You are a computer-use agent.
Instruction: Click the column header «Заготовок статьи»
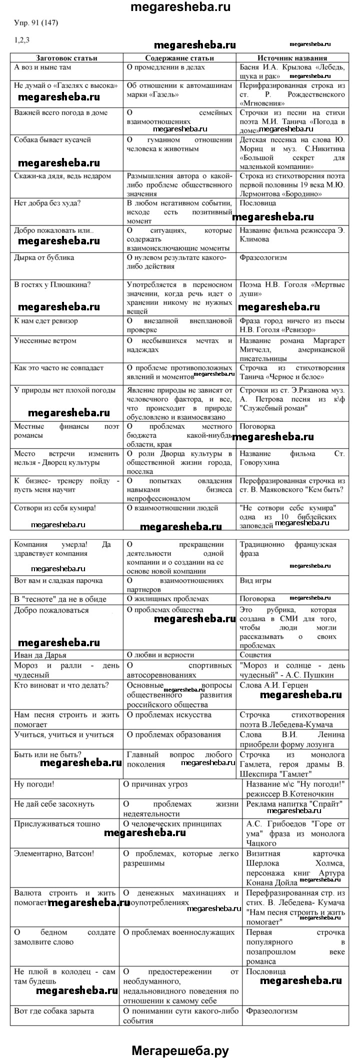(66, 58)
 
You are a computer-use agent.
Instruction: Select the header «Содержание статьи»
(179, 58)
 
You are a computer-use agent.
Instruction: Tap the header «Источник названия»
(292, 58)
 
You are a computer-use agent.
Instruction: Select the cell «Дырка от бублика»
(44, 257)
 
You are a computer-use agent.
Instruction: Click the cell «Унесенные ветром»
(45, 341)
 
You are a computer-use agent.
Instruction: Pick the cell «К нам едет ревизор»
(46, 321)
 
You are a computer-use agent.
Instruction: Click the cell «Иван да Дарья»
(40, 655)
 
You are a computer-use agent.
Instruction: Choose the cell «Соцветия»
(255, 655)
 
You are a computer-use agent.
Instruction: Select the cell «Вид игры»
(256, 581)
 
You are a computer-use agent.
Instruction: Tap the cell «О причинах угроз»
(155, 784)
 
